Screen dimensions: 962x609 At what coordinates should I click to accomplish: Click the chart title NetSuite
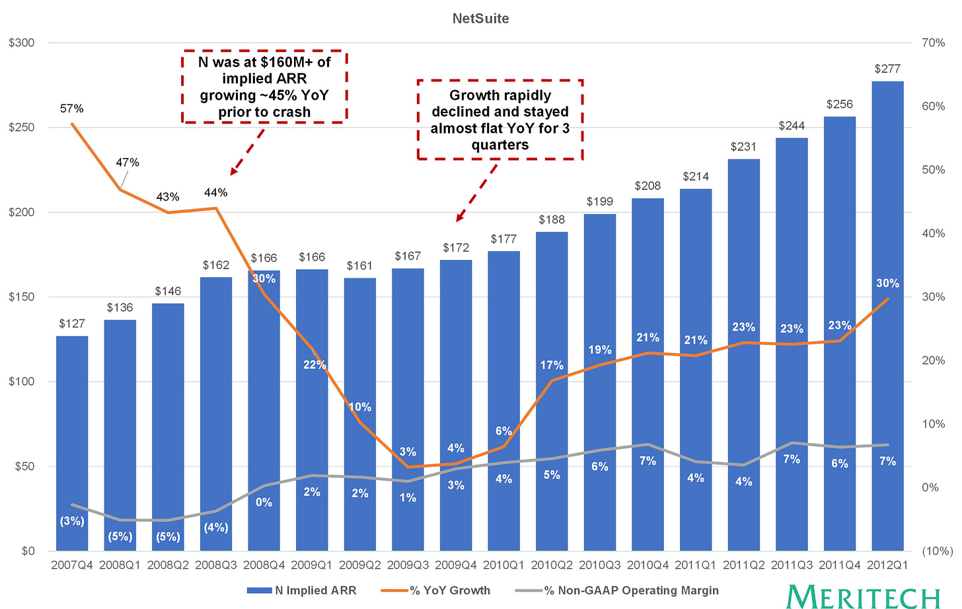[x=480, y=19]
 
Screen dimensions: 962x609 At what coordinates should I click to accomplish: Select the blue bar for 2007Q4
[x=72, y=443]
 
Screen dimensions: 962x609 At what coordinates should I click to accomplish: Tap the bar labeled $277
[x=888, y=316]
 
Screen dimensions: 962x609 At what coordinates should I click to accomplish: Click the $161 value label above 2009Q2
[x=359, y=266]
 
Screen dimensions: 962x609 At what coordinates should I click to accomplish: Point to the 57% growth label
[x=72, y=108]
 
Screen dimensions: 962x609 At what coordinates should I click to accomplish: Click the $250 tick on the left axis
[x=21, y=127]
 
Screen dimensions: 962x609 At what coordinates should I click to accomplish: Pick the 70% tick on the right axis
[x=933, y=42]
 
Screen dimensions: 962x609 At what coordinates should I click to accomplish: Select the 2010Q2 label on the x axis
[x=552, y=565]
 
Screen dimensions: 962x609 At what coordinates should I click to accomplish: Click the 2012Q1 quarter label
[x=887, y=565]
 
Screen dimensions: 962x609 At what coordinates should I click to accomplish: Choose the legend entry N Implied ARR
[x=301, y=590]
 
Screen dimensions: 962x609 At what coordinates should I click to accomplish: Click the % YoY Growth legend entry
[x=435, y=590]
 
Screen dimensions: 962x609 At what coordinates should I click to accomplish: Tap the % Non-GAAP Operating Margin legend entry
[x=617, y=590]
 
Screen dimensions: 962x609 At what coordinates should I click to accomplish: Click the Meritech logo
[x=863, y=596]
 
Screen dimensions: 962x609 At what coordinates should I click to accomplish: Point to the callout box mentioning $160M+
[x=264, y=87]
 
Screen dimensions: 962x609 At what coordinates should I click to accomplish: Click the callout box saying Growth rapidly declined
[x=500, y=120]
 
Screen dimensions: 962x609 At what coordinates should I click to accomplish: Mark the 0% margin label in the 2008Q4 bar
[x=264, y=502]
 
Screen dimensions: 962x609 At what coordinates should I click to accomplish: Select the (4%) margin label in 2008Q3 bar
[x=216, y=528]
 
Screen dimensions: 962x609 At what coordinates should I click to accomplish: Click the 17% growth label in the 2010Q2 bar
[x=552, y=365]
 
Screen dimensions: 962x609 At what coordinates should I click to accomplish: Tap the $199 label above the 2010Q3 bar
[x=600, y=202]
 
